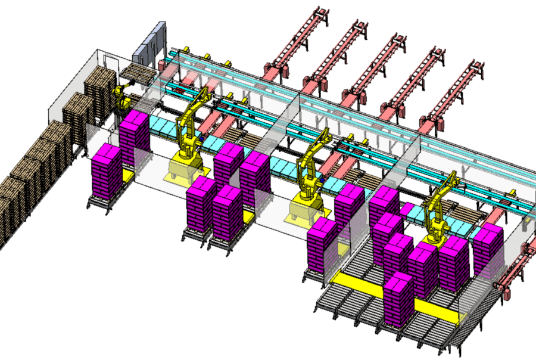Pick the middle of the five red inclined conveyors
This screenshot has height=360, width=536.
coord(376,66)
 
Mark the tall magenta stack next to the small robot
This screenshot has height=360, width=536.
coord(135,140)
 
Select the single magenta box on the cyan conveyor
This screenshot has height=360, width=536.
coord(408,210)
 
